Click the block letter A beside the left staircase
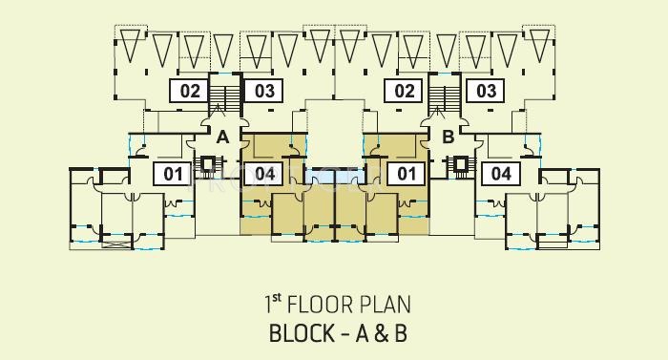coord(222,138)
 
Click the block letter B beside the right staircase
coord(448,138)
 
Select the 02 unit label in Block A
coord(189,92)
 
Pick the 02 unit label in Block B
coord(404,92)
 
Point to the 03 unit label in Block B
coord(487,92)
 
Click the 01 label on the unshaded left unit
coord(173,174)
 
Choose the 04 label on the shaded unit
coord(265,174)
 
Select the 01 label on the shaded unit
coord(407,174)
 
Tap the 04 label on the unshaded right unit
coord(500,174)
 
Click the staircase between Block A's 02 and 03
coord(226,98)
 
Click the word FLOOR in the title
coord(327,306)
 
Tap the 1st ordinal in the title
coord(272,305)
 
